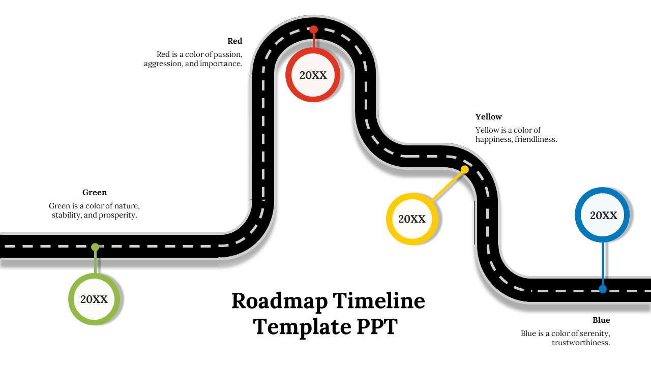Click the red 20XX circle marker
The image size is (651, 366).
click(x=313, y=75)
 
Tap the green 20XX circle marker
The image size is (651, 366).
click(x=94, y=299)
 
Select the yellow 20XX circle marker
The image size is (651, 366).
click(x=411, y=219)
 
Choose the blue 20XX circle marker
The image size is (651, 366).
click(x=603, y=215)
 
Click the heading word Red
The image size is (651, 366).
click(x=235, y=41)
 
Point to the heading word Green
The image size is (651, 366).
click(x=95, y=193)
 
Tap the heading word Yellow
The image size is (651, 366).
click(x=488, y=117)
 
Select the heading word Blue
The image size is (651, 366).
click(x=601, y=320)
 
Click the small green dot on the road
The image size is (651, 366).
click(x=95, y=247)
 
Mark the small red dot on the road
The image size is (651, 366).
click(x=314, y=29)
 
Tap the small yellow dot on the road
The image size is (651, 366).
click(x=464, y=169)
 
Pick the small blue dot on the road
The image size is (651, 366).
click(x=603, y=289)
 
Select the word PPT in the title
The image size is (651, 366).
click(x=376, y=326)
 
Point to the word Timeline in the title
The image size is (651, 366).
click(x=379, y=301)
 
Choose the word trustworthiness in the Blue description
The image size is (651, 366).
click(x=581, y=343)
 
